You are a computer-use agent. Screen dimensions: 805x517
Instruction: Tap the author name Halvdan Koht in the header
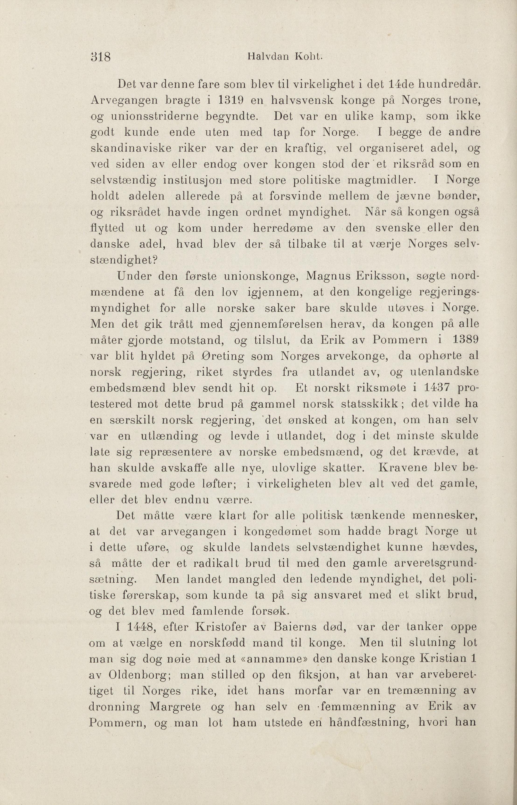[x=285, y=56]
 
